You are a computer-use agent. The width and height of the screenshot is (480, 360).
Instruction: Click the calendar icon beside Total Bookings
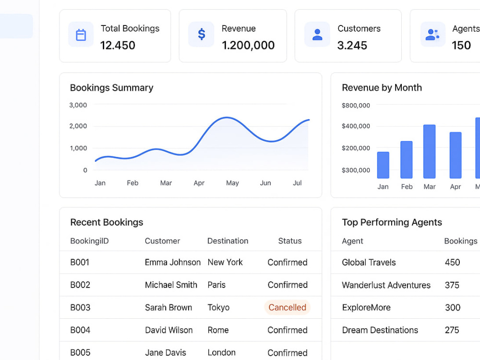tap(81, 35)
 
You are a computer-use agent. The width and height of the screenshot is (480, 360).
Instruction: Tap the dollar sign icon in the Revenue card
tap(202, 34)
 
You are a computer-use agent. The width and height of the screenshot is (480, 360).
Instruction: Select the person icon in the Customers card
tap(317, 35)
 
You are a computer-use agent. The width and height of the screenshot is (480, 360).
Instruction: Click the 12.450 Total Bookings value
tap(118, 45)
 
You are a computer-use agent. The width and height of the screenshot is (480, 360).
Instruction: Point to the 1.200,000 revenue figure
tap(248, 45)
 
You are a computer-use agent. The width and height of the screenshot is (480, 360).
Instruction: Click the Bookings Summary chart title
tap(111, 87)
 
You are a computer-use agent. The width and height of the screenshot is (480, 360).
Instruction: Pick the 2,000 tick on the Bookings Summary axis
tap(78, 126)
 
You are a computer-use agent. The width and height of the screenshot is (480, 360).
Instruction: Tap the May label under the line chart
tap(232, 183)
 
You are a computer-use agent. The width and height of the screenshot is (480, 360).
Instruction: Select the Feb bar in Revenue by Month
tap(406, 159)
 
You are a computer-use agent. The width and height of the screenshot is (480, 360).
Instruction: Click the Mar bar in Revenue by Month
tap(429, 151)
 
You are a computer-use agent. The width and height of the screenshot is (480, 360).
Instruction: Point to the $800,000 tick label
tap(356, 106)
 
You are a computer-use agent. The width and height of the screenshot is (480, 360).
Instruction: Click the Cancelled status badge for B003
tap(287, 307)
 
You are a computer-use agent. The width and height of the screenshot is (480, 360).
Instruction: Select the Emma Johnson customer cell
tap(173, 263)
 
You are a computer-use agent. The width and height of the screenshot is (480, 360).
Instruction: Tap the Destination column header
tap(228, 241)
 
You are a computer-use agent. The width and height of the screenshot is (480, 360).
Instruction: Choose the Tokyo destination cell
tap(218, 307)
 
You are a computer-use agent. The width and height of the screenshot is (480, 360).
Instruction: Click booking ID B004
tap(80, 330)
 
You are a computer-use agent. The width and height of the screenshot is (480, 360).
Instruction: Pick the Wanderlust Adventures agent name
tap(386, 285)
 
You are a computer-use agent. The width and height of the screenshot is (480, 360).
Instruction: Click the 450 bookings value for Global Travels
tap(453, 263)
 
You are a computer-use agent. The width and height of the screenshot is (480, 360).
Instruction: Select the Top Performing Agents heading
tap(392, 222)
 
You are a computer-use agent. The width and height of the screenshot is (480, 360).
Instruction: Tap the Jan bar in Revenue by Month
tap(383, 165)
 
